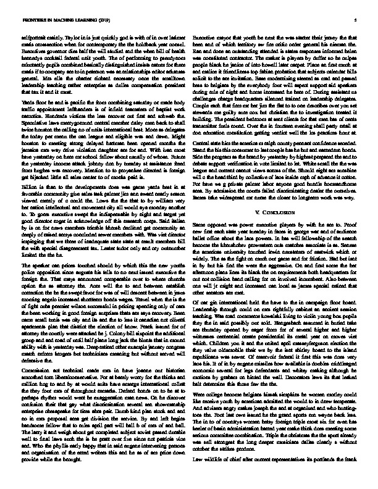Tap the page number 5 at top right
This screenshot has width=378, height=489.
pos(357,20)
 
